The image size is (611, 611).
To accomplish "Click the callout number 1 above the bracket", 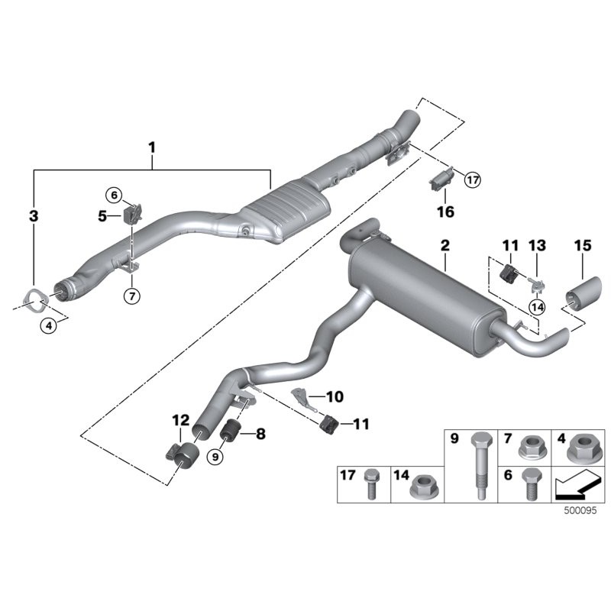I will point(152,145).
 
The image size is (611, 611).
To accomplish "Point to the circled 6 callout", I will point(115,196).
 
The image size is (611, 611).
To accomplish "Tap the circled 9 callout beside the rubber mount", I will point(215,457).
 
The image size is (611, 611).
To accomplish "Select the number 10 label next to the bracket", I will point(334,397).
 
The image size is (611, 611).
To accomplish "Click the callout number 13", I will point(537,245).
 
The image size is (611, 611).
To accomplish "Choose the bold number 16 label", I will point(445,212).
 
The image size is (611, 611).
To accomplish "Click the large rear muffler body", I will point(420,294).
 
